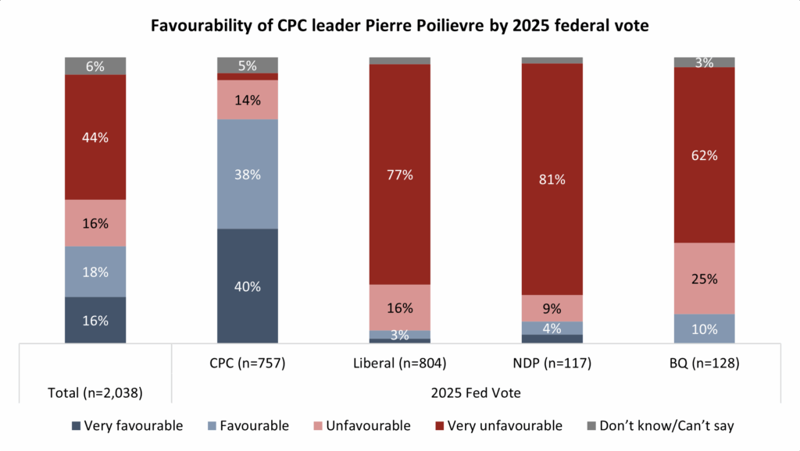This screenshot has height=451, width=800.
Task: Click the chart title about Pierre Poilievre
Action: tap(399, 25)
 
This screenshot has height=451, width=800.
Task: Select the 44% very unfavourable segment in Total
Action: tap(95, 137)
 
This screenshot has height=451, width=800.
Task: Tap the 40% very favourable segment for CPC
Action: tap(248, 286)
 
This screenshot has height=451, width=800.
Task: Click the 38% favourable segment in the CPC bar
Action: tap(248, 174)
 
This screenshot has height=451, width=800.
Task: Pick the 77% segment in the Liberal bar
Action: tap(400, 174)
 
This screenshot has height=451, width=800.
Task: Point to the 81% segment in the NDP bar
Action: tap(552, 179)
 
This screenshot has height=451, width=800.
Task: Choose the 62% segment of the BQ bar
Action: tap(705, 154)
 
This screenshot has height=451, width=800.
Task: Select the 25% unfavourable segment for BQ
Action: tap(705, 279)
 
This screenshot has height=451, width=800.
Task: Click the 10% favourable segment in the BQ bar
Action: tap(705, 328)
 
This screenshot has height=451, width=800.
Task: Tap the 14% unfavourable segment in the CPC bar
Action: tap(248, 100)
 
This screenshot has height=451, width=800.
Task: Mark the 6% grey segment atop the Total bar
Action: tap(95, 66)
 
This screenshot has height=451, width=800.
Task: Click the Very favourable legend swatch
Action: tap(76, 426)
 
